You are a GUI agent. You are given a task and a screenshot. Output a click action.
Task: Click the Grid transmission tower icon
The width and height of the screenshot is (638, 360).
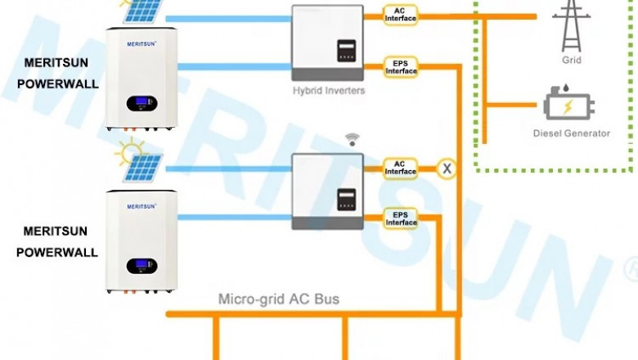click(571, 25)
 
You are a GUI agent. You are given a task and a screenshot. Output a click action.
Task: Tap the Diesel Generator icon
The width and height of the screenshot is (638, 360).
click(568, 106)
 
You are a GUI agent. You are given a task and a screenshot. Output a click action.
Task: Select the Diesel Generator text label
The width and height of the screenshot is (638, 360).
click(571, 133)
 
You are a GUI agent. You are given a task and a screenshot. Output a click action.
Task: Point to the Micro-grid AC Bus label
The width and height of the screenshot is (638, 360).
click(278, 299)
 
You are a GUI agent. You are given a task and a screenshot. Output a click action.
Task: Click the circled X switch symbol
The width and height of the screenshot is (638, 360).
click(447, 169)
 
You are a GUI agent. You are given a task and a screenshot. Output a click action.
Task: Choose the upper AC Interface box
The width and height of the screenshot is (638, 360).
click(400, 14)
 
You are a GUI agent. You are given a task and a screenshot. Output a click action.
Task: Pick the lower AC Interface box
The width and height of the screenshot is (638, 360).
click(400, 168)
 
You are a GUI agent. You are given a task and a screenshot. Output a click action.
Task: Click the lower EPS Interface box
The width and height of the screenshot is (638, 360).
click(401, 218)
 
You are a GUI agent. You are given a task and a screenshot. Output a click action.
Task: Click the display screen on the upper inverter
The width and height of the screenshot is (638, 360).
click(348, 50)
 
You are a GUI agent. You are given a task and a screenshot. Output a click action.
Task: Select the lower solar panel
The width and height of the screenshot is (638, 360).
click(144, 168)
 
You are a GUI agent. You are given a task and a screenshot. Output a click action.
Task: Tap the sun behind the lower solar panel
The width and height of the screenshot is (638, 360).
click(128, 151)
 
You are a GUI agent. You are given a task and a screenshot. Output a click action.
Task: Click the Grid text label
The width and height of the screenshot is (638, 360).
click(571, 61)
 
